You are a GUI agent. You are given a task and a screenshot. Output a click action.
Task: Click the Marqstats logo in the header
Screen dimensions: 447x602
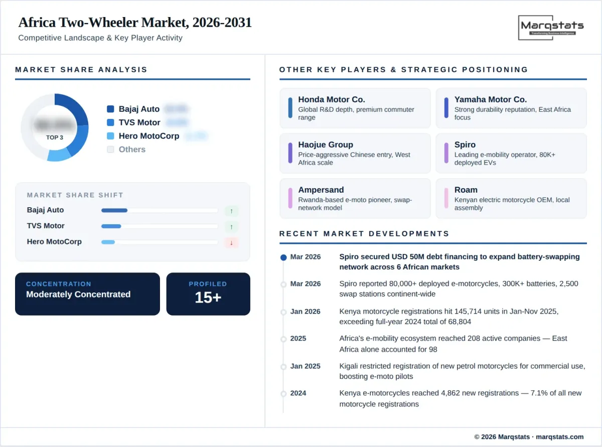point(552,28)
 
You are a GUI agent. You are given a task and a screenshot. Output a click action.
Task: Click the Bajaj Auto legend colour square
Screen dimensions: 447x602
point(110,109)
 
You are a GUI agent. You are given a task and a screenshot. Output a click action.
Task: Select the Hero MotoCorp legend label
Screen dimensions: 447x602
point(149,136)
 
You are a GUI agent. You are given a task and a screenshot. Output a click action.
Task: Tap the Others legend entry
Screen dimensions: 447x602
point(132,150)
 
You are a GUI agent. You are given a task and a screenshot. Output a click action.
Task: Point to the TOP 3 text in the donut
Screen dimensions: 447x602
point(55,137)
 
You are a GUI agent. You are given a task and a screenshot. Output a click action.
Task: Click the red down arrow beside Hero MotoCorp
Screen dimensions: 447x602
point(231,242)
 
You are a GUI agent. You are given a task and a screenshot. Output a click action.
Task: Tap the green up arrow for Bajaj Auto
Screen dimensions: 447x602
point(231,211)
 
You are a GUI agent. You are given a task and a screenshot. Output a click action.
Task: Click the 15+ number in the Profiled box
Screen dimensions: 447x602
point(208,297)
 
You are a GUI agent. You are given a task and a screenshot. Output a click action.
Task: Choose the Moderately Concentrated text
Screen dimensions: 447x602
point(78,294)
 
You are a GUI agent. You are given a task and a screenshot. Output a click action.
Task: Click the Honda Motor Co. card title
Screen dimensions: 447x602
point(332,99)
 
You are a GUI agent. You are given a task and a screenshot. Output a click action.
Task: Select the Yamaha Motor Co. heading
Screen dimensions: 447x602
point(491,99)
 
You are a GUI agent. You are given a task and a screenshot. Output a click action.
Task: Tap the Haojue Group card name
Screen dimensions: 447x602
point(326,144)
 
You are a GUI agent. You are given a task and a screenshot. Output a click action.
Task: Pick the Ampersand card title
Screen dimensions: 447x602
point(321,190)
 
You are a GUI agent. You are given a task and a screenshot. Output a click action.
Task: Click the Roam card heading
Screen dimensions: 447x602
point(466,190)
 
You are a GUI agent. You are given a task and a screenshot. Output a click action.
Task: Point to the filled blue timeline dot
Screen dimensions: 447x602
point(283,257)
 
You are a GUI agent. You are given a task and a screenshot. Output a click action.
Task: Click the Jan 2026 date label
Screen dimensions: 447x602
point(305,312)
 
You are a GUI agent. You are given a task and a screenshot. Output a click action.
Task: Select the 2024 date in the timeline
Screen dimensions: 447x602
point(298,393)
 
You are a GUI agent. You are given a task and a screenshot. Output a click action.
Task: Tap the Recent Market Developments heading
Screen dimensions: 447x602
point(364,233)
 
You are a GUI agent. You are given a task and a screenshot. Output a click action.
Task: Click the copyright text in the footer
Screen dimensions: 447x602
point(529,437)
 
